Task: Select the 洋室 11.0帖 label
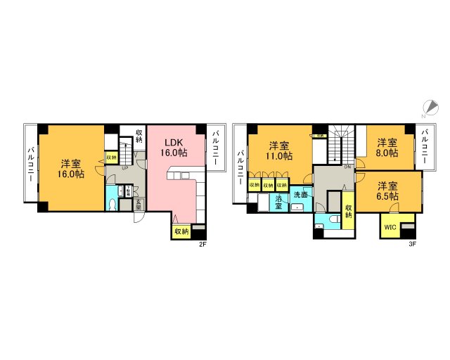(x=279, y=152)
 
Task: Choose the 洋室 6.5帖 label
(x=387, y=191)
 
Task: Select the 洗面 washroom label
(x=300, y=194)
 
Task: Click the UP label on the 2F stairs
(x=125, y=168)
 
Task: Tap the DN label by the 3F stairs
(x=347, y=167)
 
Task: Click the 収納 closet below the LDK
(x=181, y=231)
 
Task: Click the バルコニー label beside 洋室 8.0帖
(x=425, y=146)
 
